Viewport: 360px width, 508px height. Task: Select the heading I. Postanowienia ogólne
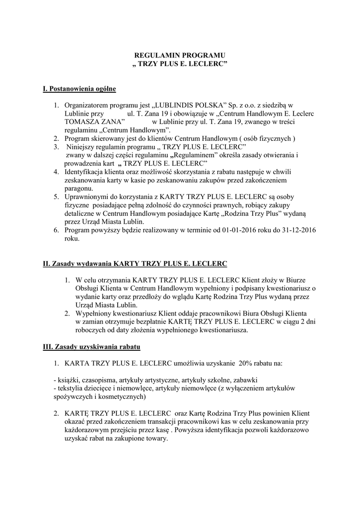pyautogui.click(x=79, y=89)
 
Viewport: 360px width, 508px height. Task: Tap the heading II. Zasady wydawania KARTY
pyautogui.click(x=135, y=263)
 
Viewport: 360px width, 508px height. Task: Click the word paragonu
pyautogui.click(x=79, y=189)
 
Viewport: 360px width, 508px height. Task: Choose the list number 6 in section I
pyautogui.click(x=57, y=230)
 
